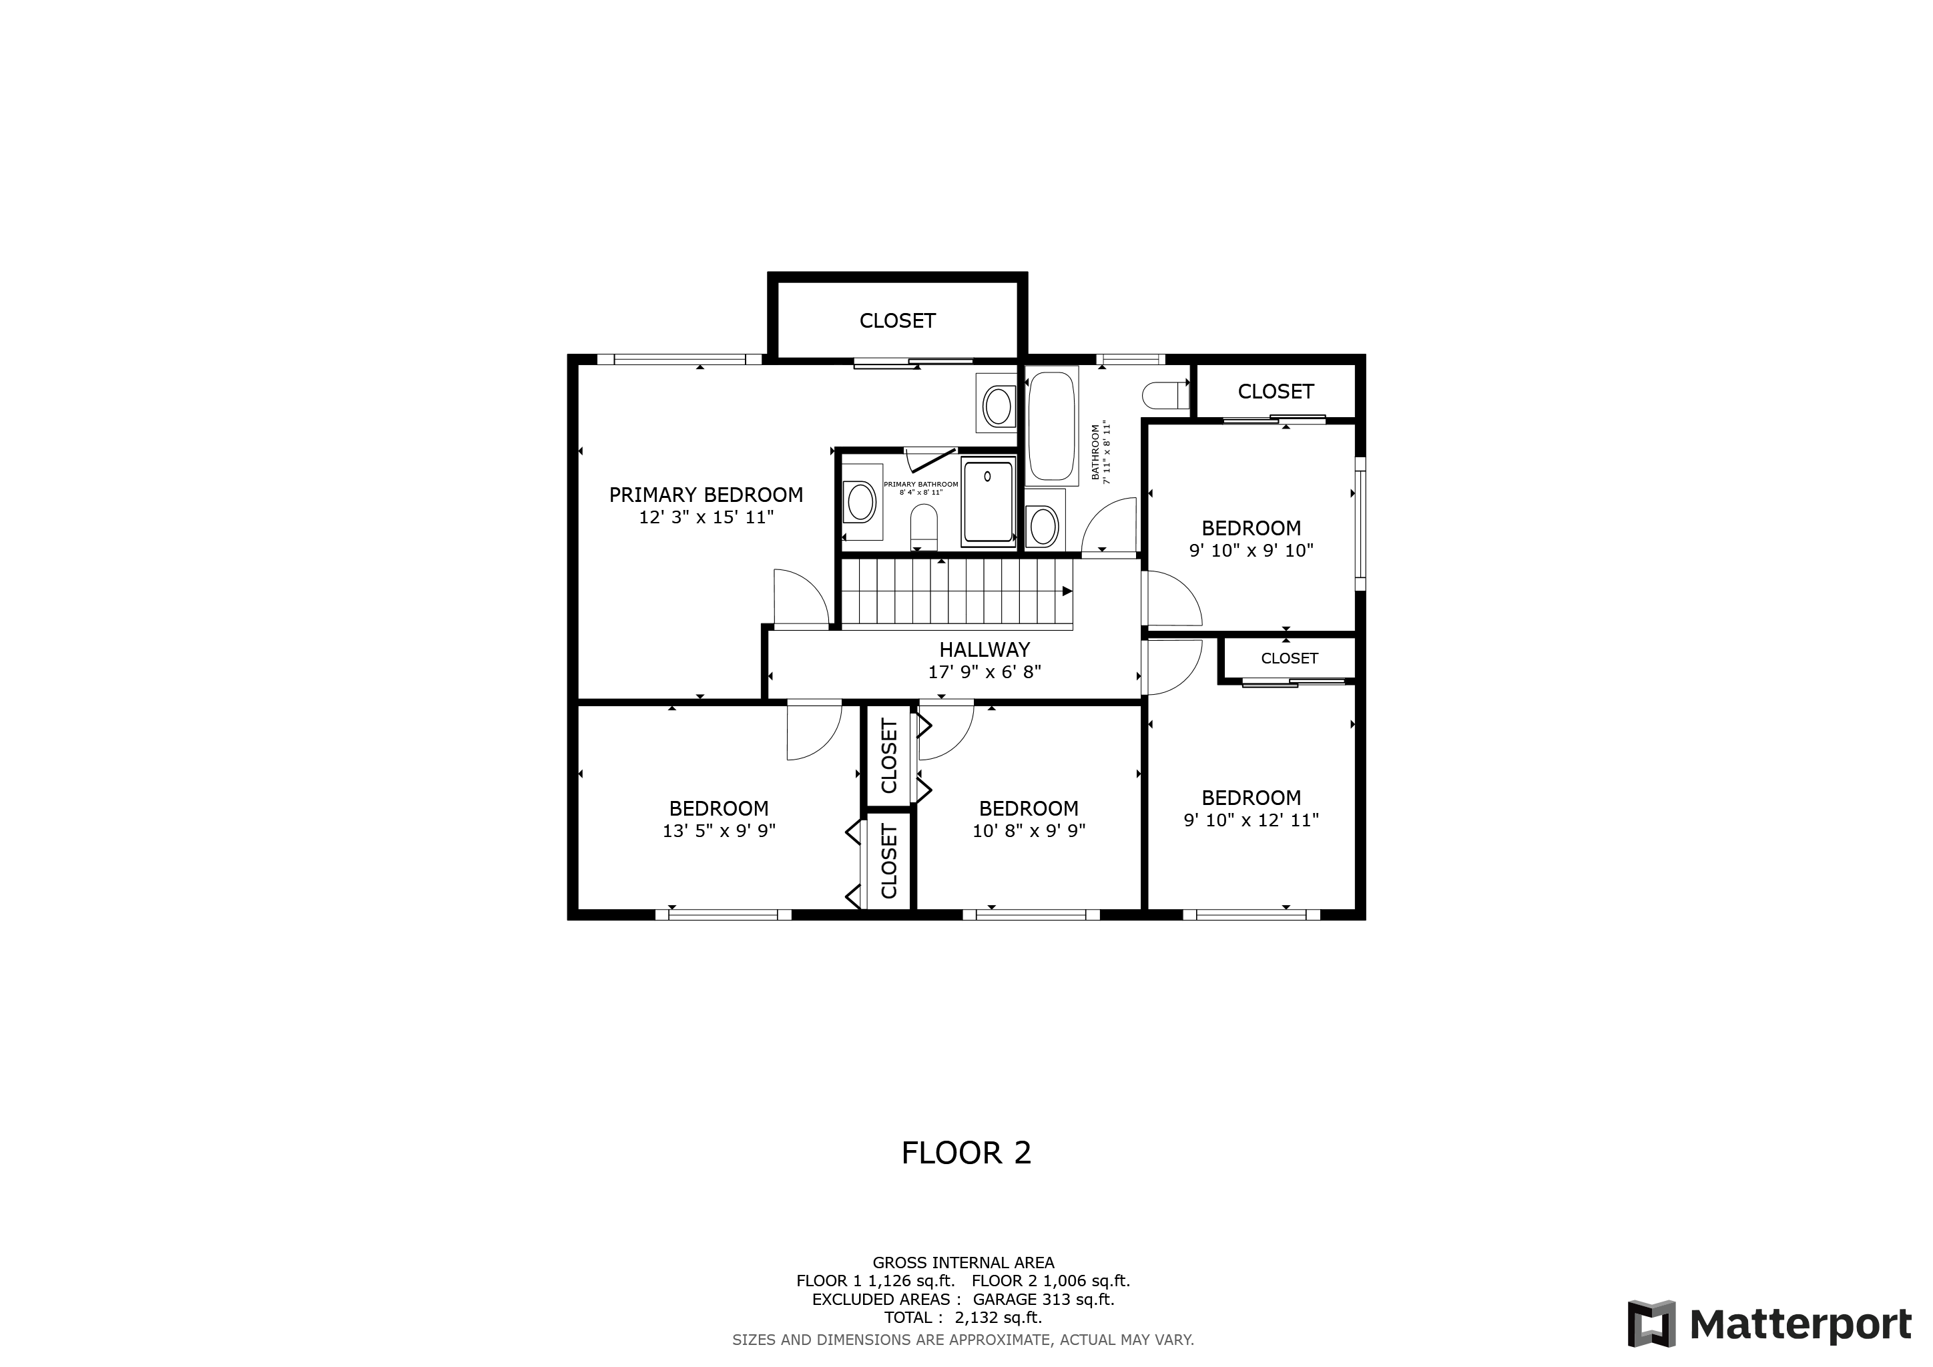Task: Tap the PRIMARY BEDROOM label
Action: [706, 495]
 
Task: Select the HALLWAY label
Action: [984, 650]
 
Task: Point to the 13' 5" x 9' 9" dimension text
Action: [718, 831]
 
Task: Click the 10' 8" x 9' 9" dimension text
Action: [1028, 831]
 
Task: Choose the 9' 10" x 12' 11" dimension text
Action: [1251, 820]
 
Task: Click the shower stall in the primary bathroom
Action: [989, 502]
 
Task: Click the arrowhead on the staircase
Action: [1067, 591]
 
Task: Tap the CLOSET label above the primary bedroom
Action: [898, 320]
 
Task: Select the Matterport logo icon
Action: [1650, 1323]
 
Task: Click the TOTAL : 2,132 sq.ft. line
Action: [963, 1318]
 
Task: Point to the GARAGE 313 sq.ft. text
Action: [1043, 1299]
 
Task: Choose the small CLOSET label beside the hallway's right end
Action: [1289, 658]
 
